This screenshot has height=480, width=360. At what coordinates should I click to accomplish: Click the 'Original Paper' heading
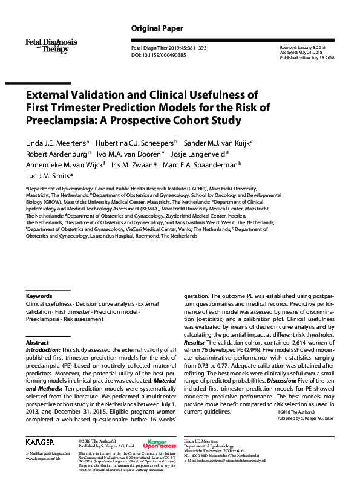(x=157, y=28)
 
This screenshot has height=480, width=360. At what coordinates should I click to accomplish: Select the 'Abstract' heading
(x=37, y=343)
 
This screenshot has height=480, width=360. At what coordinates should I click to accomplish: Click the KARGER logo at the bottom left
(x=40, y=443)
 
